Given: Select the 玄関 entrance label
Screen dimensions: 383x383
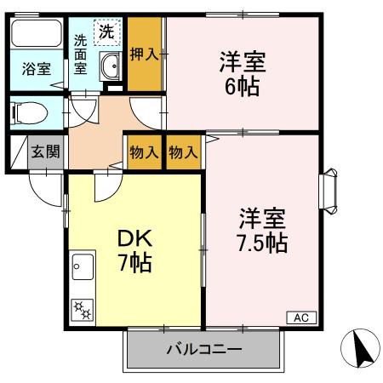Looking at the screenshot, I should click(45, 153).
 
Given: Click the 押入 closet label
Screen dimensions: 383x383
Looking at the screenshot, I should click(144, 55).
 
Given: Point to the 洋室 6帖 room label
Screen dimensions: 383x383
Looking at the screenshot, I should click(242, 73).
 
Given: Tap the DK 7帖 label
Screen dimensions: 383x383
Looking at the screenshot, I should click(134, 250).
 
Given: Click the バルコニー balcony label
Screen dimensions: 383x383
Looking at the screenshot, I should click(203, 349).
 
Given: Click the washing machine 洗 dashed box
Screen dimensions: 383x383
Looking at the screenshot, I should click(107, 32).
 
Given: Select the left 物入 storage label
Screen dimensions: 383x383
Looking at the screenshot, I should click(143, 153).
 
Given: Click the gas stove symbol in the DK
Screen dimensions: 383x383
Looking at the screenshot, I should click(83, 310).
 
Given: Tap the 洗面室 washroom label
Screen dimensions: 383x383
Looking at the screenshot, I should click(80, 55).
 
